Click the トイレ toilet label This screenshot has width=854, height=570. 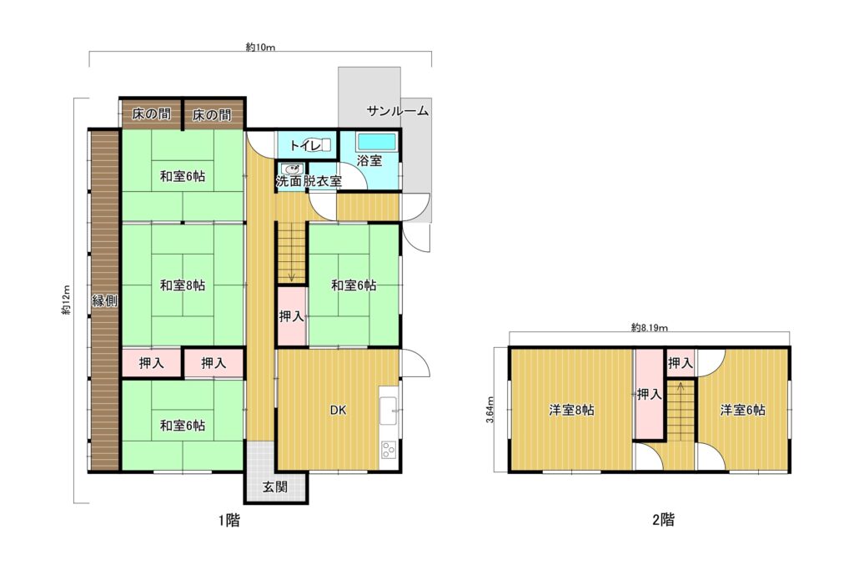pyautogui.click(x=305, y=145)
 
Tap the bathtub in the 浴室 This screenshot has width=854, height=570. pyautogui.click(x=376, y=142)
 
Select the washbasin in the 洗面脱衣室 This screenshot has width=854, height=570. pyautogui.click(x=291, y=169)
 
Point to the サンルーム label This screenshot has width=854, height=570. pyautogui.click(x=398, y=111)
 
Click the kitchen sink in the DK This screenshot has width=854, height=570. pyautogui.click(x=389, y=411)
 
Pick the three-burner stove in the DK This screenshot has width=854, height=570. pyautogui.click(x=389, y=450)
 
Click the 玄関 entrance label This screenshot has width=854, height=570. pyautogui.click(x=275, y=487)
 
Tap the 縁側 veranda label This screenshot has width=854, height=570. pyautogui.click(x=104, y=300)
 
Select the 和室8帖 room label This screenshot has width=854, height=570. pyautogui.click(x=183, y=285)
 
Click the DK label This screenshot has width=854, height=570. pyautogui.click(x=339, y=411)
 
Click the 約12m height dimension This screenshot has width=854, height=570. pyautogui.click(x=67, y=300)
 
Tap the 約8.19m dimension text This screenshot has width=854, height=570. pyautogui.click(x=649, y=327)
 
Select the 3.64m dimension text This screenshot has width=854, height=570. pyautogui.click(x=490, y=410)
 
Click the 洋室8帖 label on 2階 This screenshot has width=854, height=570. pyautogui.click(x=571, y=410)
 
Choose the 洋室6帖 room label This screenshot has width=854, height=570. pyautogui.click(x=742, y=410)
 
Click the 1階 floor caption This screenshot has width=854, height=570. pyautogui.click(x=229, y=521)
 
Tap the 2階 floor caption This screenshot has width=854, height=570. pyautogui.click(x=663, y=520)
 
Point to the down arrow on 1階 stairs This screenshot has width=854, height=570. pyautogui.click(x=291, y=277)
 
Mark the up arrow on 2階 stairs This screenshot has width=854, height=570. pyautogui.click(x=681, y=389)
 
